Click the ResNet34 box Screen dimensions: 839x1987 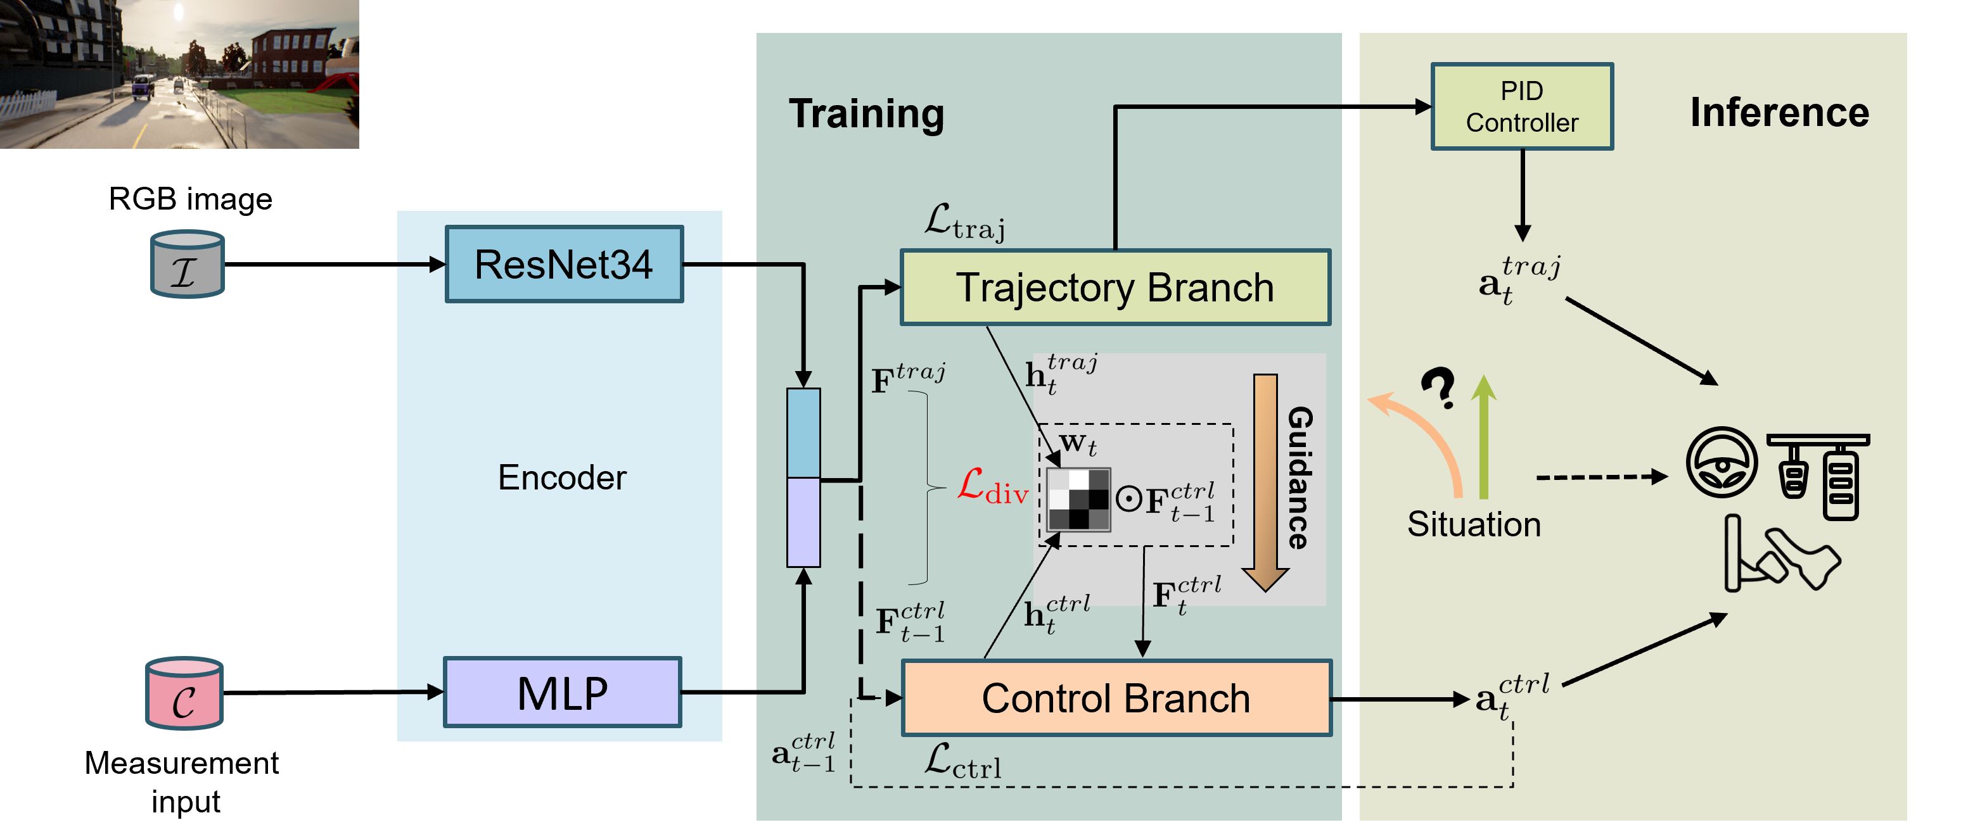[x=564, y=265]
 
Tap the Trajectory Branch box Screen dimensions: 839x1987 [x=1115, y=287]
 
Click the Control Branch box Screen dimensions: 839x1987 [x=1116, y=698]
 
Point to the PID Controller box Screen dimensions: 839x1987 [x=1521, y=106]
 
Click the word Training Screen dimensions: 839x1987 [x=866, y=114]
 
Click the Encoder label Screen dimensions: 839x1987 [x=561, y=477]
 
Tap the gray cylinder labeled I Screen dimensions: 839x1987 [x=187, y=265]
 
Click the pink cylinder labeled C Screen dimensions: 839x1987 [x=184, y=693]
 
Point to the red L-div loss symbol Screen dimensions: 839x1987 [x=992, y=488]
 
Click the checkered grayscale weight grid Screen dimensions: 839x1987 [x=1078, y=499]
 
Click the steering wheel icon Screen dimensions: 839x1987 [x=1722, y=463]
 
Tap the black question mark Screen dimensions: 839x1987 [x=1438, y=388]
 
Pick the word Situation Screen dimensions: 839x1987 [x=1473, y=524]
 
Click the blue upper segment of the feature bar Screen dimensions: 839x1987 [x=803, y=432]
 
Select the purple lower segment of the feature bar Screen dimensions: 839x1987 [x=803, y=522]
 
